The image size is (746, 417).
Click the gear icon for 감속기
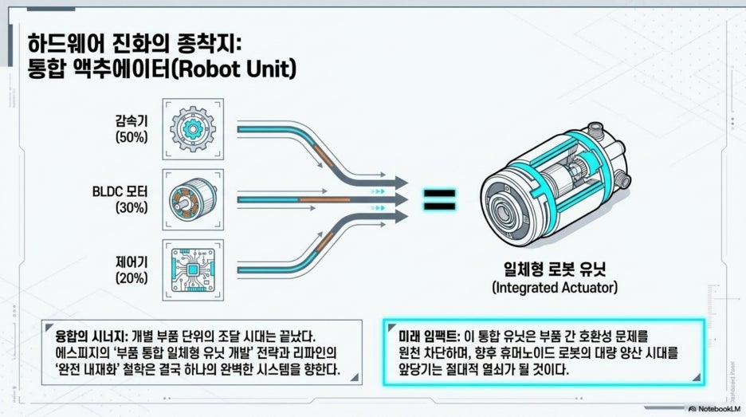click(193, 129)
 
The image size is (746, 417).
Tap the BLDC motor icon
click(193, 200)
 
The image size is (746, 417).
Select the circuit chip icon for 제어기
click(193, 270)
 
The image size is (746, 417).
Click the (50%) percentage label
click(132, 137)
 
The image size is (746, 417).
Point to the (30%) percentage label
click(132, 207)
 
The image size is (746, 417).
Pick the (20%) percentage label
click(132, 278)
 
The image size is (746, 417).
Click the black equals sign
click(440, 200)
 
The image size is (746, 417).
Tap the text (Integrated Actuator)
click(555, 288)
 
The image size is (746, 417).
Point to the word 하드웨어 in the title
click(62, 45)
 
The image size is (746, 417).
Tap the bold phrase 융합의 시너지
click(92, 336)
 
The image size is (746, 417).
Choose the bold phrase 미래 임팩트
click(429, 336)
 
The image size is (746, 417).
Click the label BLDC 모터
click(120, 191)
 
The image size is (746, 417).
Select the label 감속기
click(132, 120)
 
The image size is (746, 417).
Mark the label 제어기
click(132, 262)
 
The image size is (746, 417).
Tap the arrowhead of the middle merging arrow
click(401, 200)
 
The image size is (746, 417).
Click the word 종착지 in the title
click(207, 45)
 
